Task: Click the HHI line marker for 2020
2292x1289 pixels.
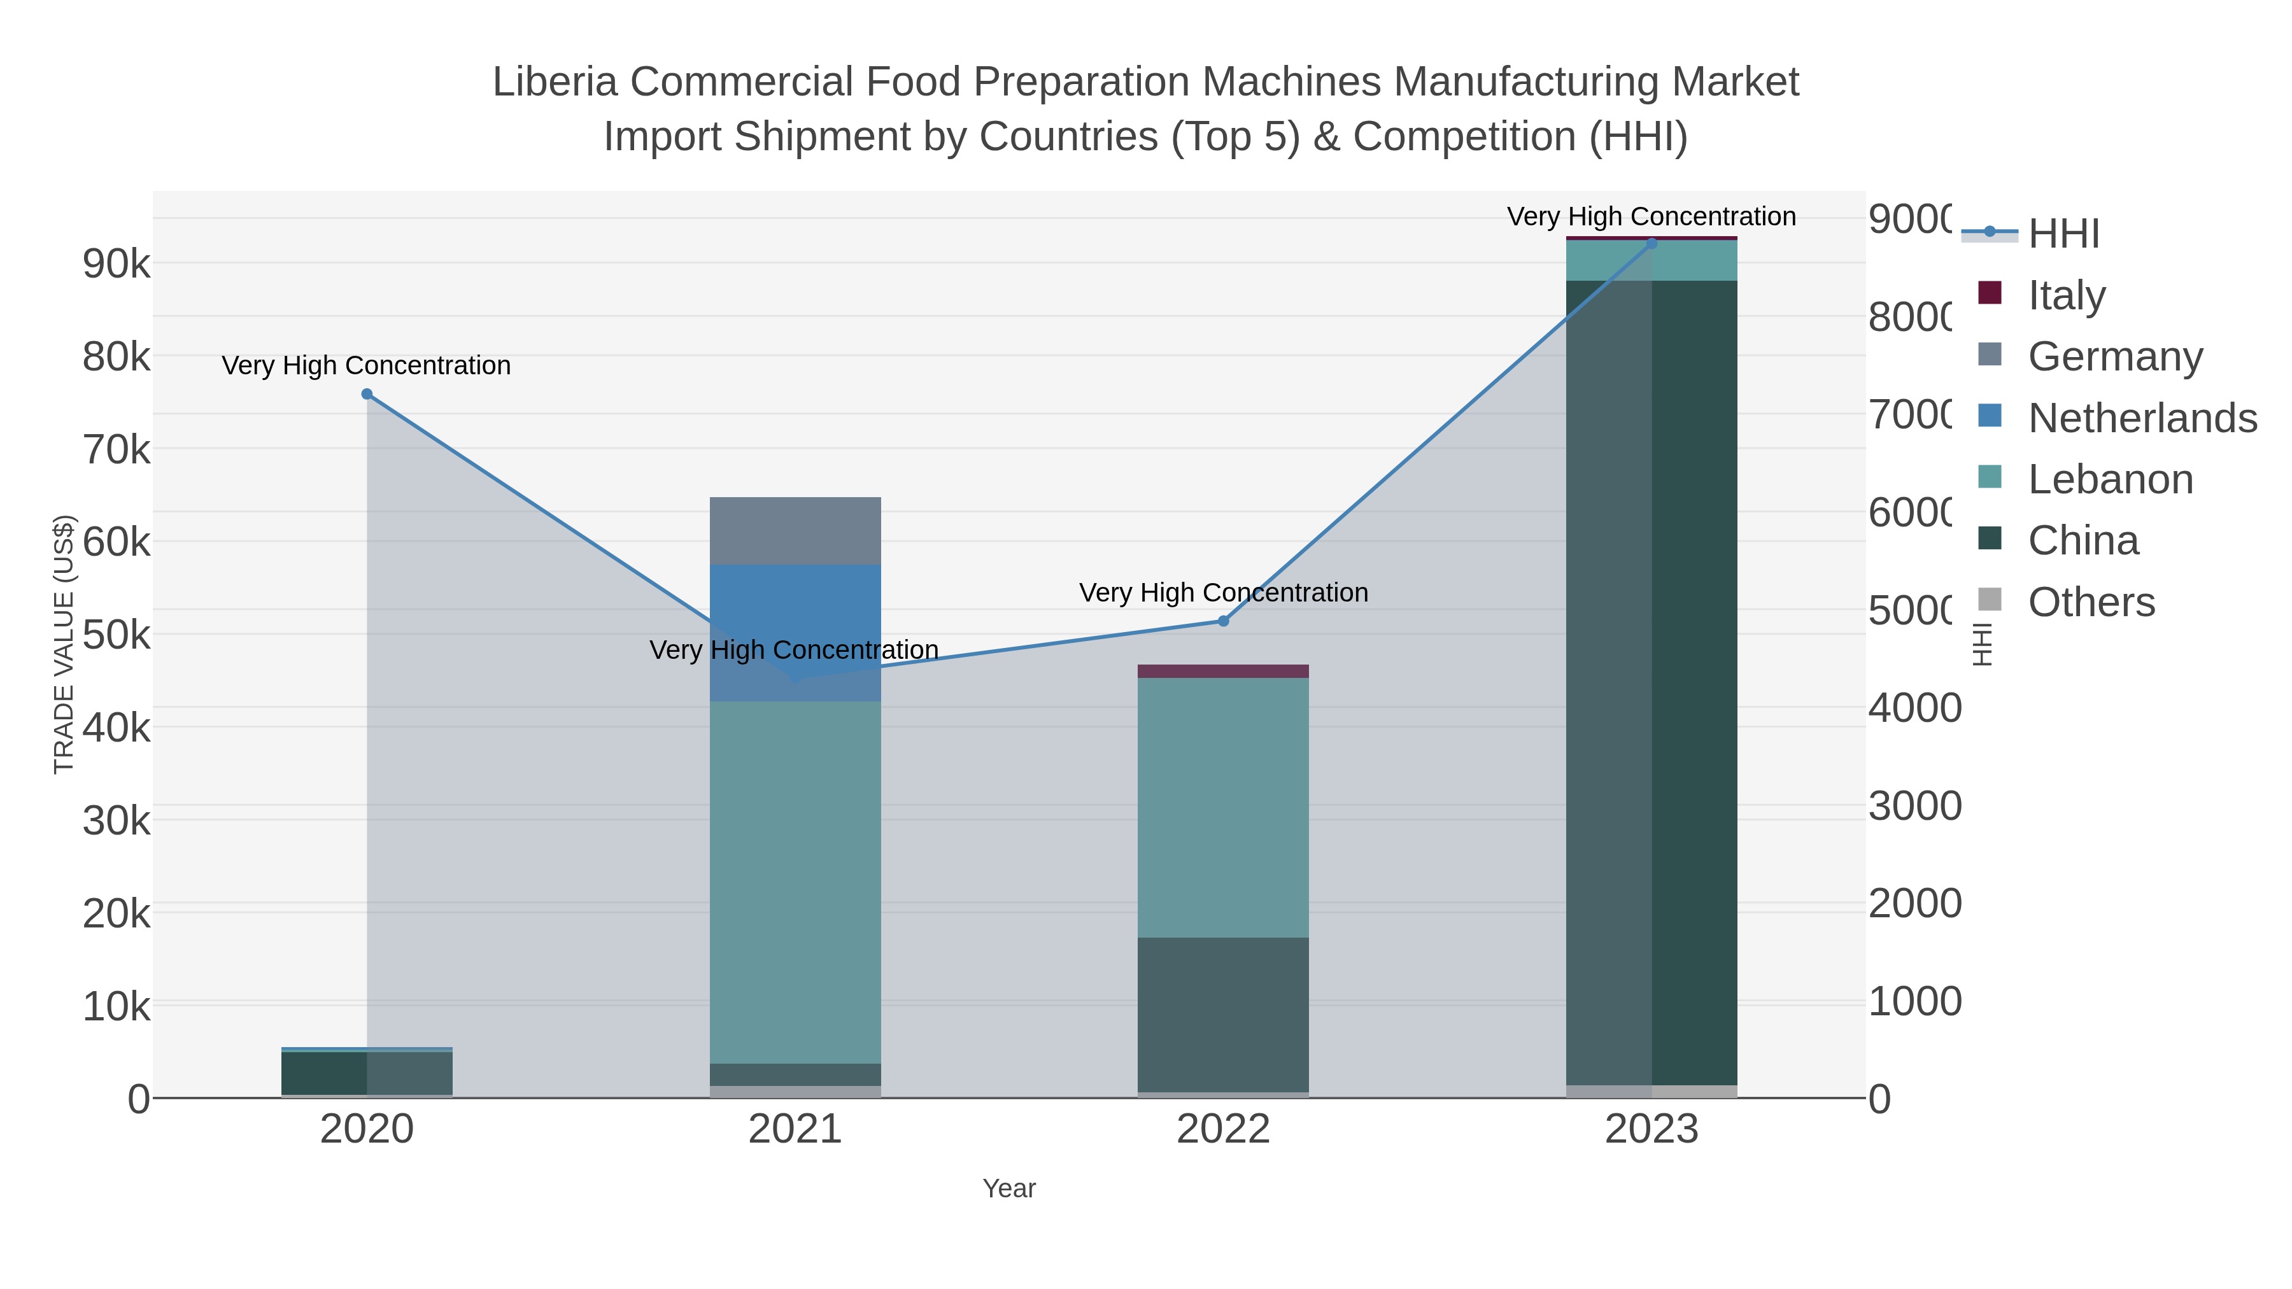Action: (x=367, y=394)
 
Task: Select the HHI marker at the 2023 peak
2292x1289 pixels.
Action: (x=1652, y=244)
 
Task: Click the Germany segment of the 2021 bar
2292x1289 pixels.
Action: (x=795, y=531)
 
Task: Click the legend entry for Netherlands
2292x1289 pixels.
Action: (x=2142, y=417)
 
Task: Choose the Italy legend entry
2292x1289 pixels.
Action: (x=2066, y=295)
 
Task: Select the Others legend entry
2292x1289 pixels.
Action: (x=2091, y=602)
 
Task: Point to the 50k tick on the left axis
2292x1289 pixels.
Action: (x=117, y=635)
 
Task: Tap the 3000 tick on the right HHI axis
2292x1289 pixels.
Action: (x=1914, y=806)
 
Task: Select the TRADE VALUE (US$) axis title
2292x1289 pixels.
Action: (x=64, y=644)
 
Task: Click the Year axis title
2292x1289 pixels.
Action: (x=1009, y=1188)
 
